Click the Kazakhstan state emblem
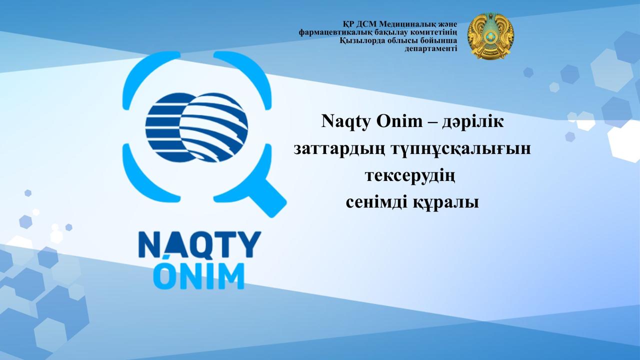(490, 36)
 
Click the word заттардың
(340, 149)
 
